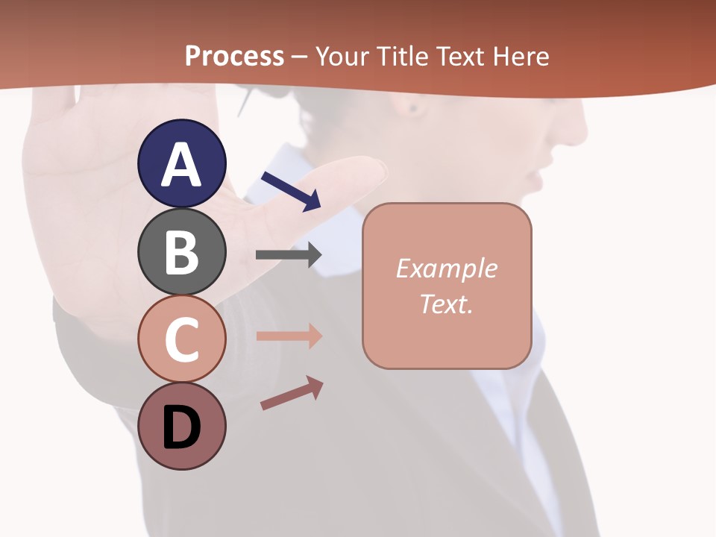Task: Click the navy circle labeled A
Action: pos(181,163)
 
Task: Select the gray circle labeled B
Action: pos(181,251)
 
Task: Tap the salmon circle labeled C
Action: pos(181,339)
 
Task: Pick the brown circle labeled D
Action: pos(181,427)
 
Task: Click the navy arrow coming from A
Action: pos(291,191)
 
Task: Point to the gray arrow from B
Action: pos(289,254)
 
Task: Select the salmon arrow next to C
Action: pos(289,336)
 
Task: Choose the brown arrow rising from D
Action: pos(292,393)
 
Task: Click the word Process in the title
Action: pos(234,56)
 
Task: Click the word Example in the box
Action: pos(446,268)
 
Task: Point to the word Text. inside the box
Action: pos(446,304)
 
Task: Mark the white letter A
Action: pos(181,165)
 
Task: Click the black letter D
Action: pos(181,429)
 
